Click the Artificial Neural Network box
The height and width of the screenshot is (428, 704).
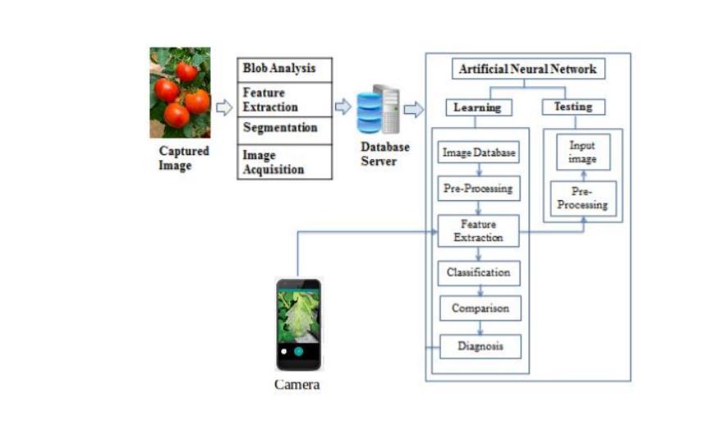click(529, 69)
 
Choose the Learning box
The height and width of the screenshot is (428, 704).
click(477, 107)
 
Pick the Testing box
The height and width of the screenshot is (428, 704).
click(574, 107)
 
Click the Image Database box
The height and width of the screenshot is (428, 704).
click(479, 153)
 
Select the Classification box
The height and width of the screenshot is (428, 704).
click(479, 272)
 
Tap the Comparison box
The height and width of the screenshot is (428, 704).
click(479, 308)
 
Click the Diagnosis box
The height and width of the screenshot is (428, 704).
click(479, 346)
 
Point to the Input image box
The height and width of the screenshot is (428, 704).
click(582, 152)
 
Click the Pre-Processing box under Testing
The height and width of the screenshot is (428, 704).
click(583, 198)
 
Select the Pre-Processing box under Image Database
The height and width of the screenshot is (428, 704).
click(479, 189)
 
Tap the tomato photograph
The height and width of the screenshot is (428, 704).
click(179, 93)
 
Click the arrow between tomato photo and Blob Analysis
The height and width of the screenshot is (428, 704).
click(224, 107)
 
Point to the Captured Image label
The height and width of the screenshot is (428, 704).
click(183, 158)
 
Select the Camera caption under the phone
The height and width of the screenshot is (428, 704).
click(297, 385)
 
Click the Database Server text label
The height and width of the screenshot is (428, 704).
click(384, 154)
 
